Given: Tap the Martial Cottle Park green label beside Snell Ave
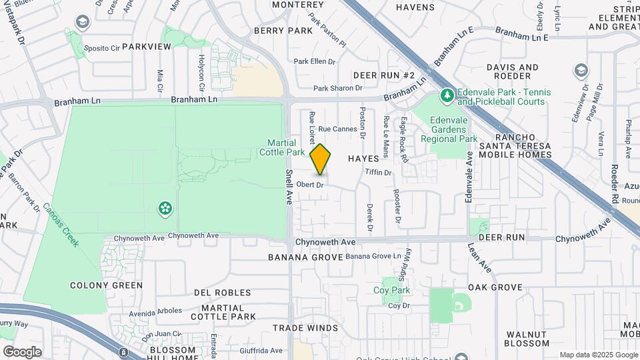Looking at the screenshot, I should pos(286,147).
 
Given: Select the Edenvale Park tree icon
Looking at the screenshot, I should pos(447,97).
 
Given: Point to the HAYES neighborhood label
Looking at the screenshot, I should pos(363,159).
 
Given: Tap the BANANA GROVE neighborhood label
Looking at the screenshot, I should pos(305,257).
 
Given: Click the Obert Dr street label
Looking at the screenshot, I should pos(310,185).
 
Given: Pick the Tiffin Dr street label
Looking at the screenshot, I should pos(379,173).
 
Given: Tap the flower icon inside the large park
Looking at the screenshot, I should pos(165,209).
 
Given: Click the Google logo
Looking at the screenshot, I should pos(22,351).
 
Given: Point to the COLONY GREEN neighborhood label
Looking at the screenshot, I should pos(107,285).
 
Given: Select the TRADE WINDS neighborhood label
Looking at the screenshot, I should pos(305,328).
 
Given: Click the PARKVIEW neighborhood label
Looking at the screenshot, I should pos(147,46).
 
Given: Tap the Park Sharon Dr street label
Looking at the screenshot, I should pos(338,88).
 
